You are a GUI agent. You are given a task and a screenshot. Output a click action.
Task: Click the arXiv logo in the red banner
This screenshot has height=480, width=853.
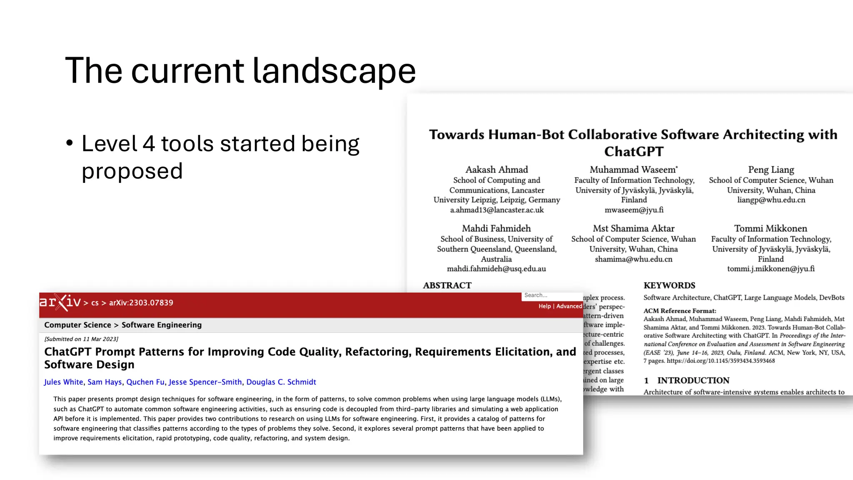60,302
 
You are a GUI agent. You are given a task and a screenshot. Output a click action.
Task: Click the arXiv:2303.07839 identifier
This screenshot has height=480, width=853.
141,303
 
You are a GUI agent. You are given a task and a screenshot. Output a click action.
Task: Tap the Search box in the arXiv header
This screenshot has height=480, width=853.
551,295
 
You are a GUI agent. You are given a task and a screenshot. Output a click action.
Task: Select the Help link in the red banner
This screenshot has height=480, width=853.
544,306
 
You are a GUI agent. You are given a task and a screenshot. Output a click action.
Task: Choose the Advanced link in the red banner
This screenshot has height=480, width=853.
569,306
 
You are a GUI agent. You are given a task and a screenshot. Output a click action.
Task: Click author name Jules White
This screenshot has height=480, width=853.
63,382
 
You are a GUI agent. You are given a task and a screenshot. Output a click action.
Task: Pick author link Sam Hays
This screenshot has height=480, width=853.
105,382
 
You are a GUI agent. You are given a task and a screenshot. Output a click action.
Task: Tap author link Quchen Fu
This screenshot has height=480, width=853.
145,382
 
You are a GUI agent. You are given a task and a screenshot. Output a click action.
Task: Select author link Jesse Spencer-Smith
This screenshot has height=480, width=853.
205,382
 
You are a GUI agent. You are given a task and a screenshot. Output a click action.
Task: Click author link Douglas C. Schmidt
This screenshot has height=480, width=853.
281,382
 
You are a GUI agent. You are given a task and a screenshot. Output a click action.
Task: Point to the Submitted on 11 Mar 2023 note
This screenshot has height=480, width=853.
81,339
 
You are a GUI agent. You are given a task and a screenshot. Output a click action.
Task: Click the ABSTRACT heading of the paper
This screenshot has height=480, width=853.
447,285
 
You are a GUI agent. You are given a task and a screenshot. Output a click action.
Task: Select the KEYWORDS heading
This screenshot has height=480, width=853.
669,285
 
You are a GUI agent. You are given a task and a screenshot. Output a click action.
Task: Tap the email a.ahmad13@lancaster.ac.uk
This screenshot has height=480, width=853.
496,210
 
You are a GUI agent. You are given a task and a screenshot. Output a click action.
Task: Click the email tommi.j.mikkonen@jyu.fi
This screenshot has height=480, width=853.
771,269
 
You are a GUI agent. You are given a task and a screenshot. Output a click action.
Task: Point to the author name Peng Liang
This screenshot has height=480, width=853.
771,170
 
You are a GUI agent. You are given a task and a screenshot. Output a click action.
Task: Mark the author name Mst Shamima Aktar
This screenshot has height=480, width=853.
634,228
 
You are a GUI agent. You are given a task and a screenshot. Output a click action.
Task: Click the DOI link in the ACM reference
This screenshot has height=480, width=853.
721,361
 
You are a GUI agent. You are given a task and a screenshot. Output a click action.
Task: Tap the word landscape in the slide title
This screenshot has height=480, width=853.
334,71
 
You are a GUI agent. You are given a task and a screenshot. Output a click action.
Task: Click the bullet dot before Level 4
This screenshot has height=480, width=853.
70,143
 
